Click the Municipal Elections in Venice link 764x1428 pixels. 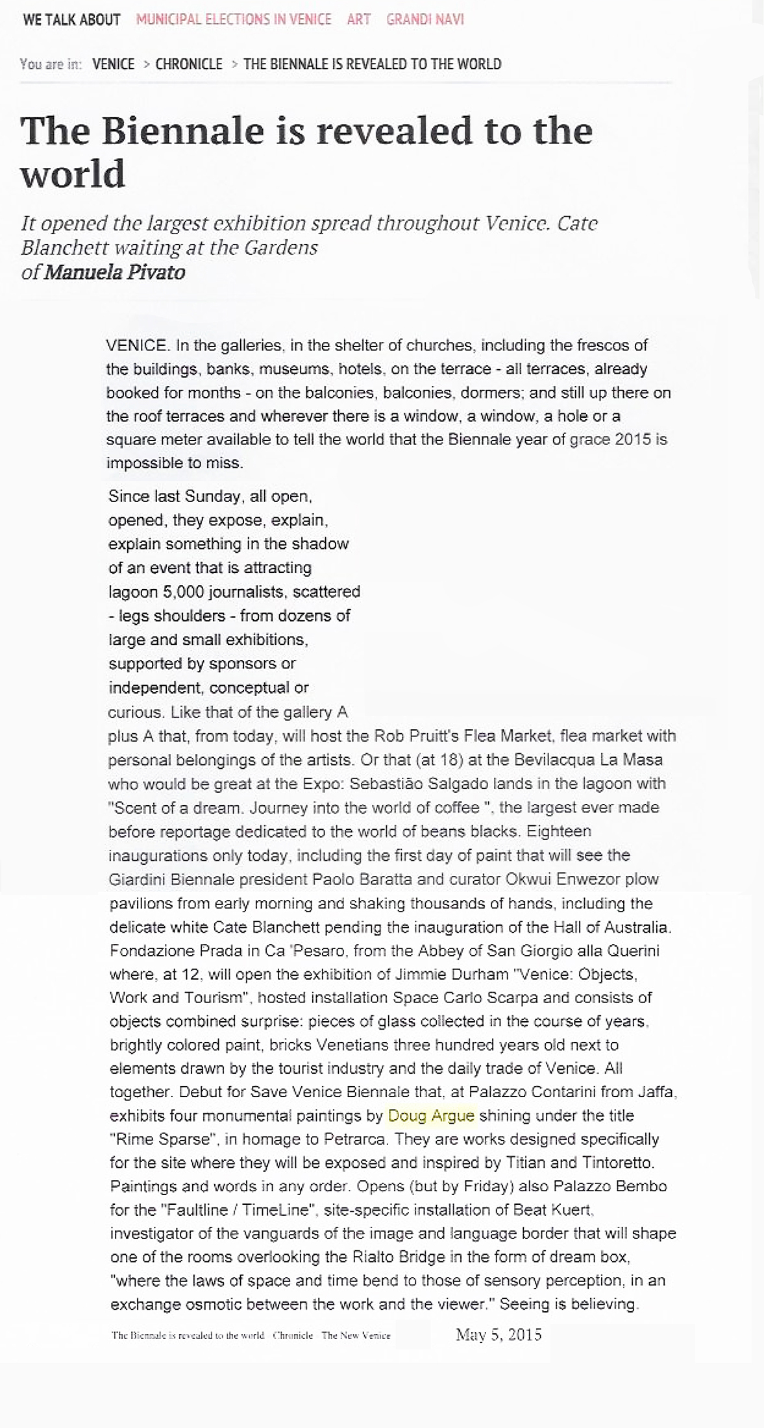point(234,19)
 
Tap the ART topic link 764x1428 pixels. point(359,19)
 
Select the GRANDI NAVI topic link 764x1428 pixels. point(425,19)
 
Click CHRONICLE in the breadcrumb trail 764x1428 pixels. point(189,64)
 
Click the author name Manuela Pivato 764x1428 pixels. point(115,272)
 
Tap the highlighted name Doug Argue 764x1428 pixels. point(431,1115)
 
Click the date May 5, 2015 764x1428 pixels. point(499,1334)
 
